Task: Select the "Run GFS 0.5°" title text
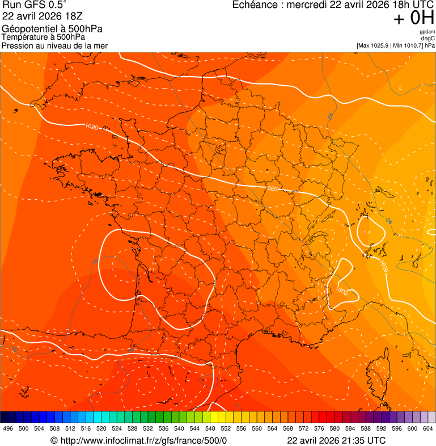pyautogui.click(x=35, y=6)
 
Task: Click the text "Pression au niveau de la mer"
pyautogui.click(x=54, y=45)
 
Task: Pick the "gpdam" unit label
pyautogui.click(x=427, y=32)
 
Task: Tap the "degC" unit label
pyautogui.click(x=429, y=38)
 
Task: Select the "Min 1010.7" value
pyautogui.click(x=408, y=45)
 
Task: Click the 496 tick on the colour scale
pyautogui.click(x=8, y=428)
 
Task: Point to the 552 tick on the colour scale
pyautogui.click(x=225, y=428)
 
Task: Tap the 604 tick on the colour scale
pyautogui.click(x=427, y=428)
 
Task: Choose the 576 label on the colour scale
pyautogui.click(x=319, y=428)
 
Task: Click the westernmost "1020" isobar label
pyautogui.click(x=91, y=126)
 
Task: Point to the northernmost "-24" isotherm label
pyautogui.click(x=329, y=116)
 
